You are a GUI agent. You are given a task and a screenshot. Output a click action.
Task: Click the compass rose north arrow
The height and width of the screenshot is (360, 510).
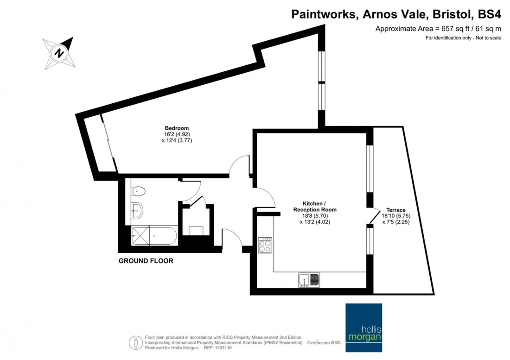coord(59,52)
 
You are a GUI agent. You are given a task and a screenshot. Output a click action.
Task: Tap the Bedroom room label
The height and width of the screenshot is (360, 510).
coord(177,128)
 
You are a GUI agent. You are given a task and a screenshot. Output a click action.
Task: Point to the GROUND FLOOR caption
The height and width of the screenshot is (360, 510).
coord(146,261)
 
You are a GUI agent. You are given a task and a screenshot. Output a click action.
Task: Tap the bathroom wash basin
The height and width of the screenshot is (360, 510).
coord(137,210)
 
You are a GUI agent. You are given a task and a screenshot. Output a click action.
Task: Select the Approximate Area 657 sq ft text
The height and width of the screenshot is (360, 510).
coord(438,29)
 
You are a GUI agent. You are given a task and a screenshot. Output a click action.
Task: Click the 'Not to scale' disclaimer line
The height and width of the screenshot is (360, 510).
coord(463,38)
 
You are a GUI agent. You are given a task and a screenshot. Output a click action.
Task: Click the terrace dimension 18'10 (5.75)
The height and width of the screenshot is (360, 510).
coord(395,216)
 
